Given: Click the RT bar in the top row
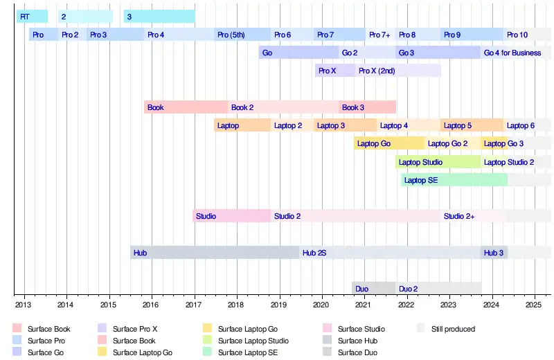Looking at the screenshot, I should [32, 16].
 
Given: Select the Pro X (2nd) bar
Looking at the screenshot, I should [399, 71].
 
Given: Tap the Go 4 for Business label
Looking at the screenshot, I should [512, 53].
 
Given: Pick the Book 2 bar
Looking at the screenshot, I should [283, 107].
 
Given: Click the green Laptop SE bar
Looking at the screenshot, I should [454, 180].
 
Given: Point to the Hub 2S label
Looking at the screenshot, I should [314, 253].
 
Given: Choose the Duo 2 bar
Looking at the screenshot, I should [438, 288].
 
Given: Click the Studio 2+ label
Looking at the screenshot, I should [459, 216].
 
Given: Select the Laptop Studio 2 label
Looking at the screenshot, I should [509, 162].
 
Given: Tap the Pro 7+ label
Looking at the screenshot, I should [379, 35].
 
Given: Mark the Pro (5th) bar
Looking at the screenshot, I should [242, 35].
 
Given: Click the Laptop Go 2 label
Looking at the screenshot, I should [448, 143].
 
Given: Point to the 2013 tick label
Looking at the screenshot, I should [23, 305].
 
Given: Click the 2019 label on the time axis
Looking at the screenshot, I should [278, 305].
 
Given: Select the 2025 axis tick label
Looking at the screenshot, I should [534, 305].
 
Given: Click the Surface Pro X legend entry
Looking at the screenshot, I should [134, 329].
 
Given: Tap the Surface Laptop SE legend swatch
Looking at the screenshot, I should [207, 352].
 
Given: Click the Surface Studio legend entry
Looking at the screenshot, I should [361, 329].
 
